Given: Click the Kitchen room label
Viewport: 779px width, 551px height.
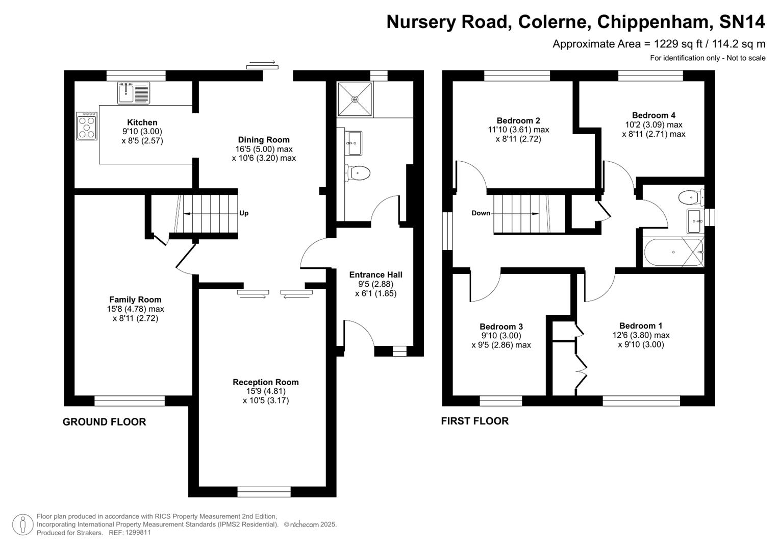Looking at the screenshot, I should point(142,122).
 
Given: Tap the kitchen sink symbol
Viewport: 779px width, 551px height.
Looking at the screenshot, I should point(134,93).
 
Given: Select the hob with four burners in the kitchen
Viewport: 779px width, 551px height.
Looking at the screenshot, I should point(87,126).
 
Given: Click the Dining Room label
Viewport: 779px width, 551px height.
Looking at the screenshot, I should point(264,140).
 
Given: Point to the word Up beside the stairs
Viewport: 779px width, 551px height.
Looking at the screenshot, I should point(244,213).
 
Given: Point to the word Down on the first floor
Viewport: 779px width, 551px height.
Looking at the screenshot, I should point(481,213).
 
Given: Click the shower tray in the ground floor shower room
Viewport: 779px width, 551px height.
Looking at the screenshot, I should point(355,98).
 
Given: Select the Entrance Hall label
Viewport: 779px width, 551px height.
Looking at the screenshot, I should point(375,275).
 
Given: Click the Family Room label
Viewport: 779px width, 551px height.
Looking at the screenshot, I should point(135,300).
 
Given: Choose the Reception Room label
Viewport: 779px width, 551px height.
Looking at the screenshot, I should point(265,382).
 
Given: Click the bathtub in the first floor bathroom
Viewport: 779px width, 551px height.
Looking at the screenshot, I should point(672,253).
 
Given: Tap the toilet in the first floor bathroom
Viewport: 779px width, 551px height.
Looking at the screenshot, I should point(690,196).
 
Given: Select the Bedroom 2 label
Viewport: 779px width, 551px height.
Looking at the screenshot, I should point(518,121).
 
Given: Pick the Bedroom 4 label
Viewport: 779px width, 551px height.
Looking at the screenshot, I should point(654,115).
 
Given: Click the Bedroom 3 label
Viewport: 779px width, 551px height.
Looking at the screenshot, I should point(501,327).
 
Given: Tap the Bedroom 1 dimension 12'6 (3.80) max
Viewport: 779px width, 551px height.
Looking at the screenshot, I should point(641,335).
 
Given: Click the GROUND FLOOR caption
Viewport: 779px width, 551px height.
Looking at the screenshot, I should point(104,422).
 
